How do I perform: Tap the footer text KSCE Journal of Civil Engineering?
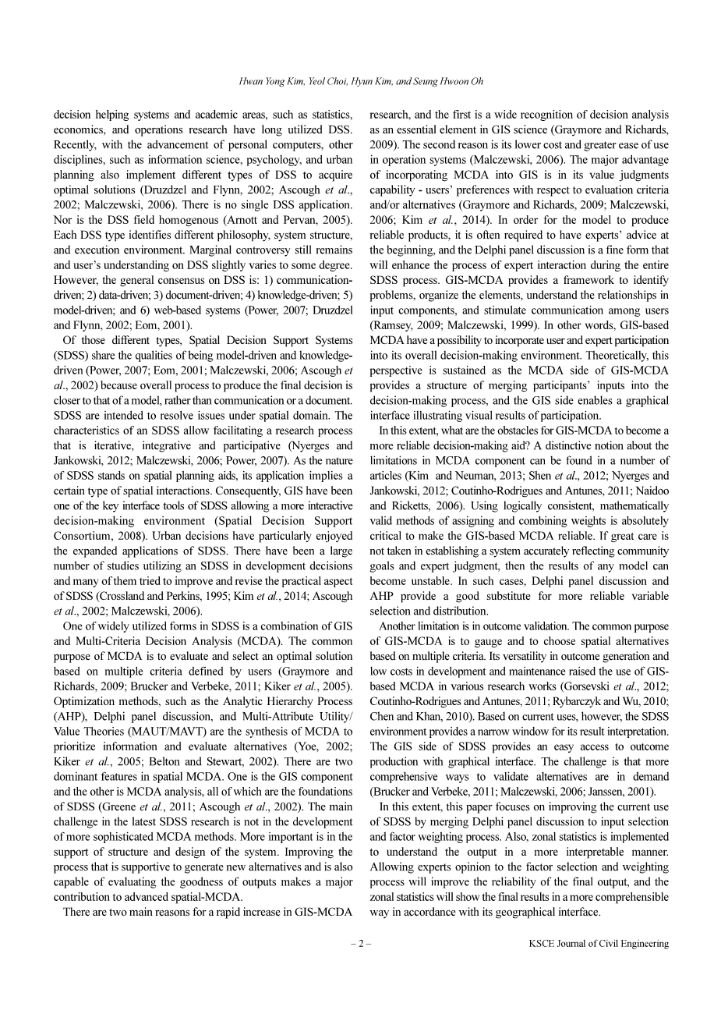(x=598, y=943)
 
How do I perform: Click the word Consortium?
(x=83, y=536)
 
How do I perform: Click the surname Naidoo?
(x=652, y=491)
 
